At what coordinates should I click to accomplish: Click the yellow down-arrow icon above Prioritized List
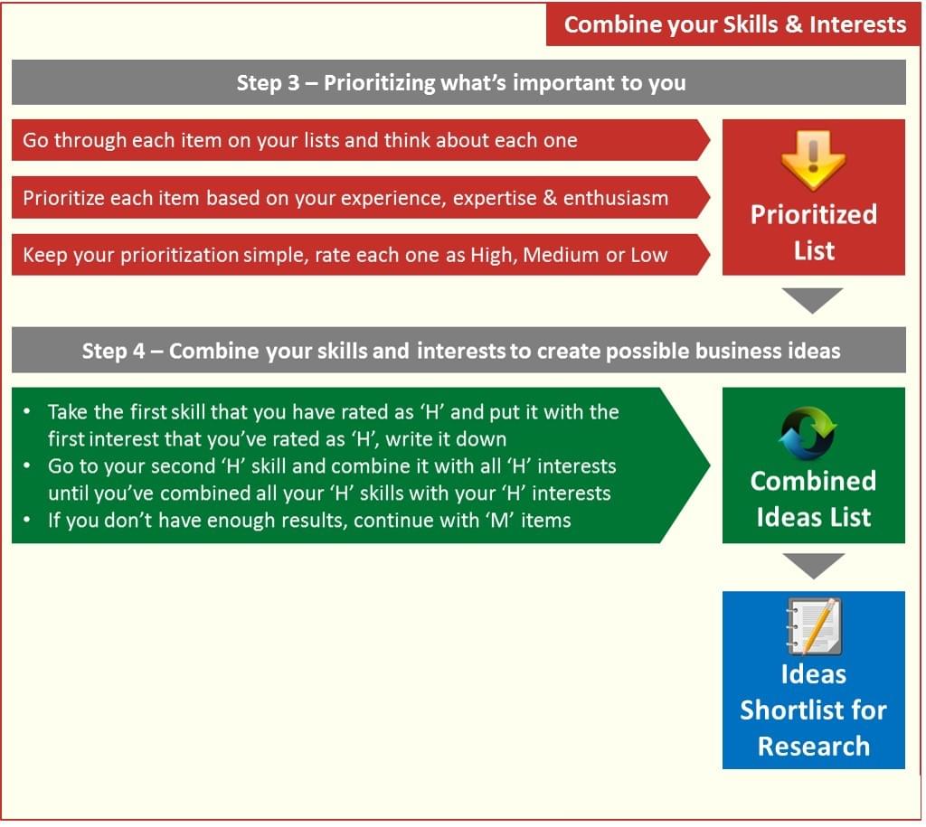(x=813, y=160)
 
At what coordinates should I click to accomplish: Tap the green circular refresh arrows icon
(x=808, y=433)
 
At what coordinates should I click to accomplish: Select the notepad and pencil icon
(x=814, y=626)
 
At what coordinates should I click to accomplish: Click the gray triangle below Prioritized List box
(x=812, y=299)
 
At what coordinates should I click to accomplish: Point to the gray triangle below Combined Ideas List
(x=813, y=566)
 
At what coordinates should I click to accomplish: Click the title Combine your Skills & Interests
(x=734, y=24)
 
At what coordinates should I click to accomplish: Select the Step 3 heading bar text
(x=461, y=82)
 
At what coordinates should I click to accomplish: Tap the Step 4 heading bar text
(x=460, y=351)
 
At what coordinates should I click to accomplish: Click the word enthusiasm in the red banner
(x=615, y=198)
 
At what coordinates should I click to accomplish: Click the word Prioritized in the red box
(x=814, y=215)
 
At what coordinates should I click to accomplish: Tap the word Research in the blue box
(x=814, y=747)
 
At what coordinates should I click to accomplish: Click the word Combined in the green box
(x=813, y=481)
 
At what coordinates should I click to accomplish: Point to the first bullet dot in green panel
(x=27, y=411)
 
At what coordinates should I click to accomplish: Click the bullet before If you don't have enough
(x=27, y=520)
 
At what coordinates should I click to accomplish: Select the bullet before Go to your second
(x=27, y=465)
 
